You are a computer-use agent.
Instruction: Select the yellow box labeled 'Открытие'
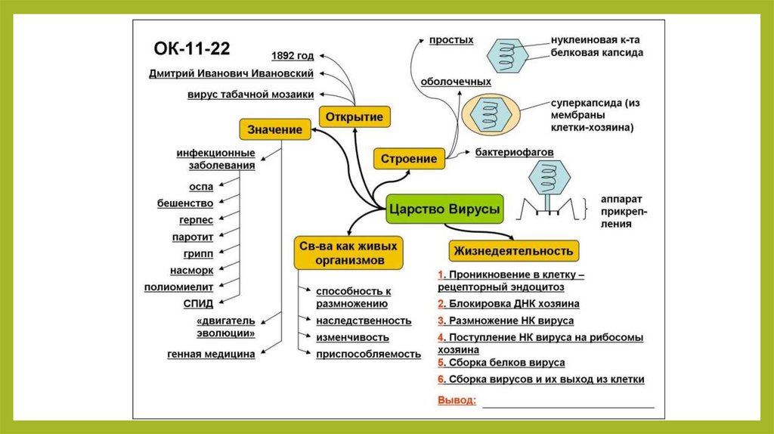[x=354, y=116]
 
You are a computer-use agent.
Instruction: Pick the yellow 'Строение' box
[x=409, y=159]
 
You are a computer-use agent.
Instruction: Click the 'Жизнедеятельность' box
[x=514, y=250]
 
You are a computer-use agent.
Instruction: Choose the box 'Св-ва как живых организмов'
[x=345, y=253]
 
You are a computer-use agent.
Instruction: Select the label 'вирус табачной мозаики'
[x=251, y=95]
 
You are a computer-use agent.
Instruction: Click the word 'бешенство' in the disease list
[x=185, y=203]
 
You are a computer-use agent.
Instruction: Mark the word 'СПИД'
[x=197, y=304]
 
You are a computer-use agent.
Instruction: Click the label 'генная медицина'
[x=211, y=354]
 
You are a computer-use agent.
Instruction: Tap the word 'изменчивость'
[x=352, y=337]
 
